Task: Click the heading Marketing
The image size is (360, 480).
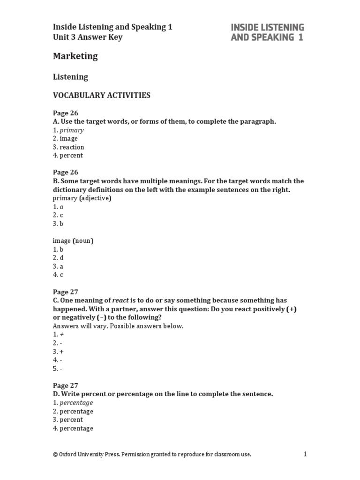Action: pyautogui.click(x=75, y=56)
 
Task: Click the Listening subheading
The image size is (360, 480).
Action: pyautogui.click(x=70, y=76)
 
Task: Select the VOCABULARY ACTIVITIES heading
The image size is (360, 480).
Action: pyautogui.click(x=101, y=95)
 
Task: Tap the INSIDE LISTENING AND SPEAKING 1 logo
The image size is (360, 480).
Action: pyautogui.click(x=267, y=32)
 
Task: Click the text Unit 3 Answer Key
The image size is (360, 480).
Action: pyautogui.click(x=87, y=37)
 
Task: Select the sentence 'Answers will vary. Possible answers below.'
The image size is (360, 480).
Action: pyautogui.click(x=118, y=326)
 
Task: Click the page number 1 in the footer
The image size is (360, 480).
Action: pyautogui.click(x=305, y=454)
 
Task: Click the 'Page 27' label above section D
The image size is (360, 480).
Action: pyautogui.click(x=65, y=385)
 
